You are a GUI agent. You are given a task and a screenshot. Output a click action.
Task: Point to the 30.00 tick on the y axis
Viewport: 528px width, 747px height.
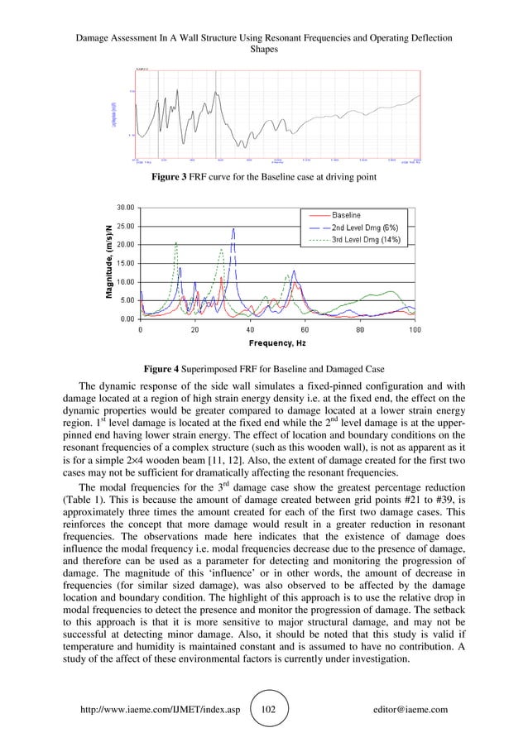126,207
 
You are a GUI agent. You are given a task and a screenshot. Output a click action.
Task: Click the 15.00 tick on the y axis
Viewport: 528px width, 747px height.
126,263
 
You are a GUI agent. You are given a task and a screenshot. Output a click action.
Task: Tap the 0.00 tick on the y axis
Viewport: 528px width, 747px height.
128,318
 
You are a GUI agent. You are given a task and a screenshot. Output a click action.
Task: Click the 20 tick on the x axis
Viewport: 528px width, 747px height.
194,329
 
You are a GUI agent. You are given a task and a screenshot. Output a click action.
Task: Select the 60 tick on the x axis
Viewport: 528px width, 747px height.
305,329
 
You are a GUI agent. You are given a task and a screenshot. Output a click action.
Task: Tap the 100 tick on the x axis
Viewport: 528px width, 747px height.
414,329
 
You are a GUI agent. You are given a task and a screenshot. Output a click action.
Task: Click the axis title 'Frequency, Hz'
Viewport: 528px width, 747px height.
277,343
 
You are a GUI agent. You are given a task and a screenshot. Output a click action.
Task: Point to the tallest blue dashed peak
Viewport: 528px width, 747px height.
234,229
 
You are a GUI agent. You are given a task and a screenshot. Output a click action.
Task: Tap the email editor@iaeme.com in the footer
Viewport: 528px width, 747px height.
411,709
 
